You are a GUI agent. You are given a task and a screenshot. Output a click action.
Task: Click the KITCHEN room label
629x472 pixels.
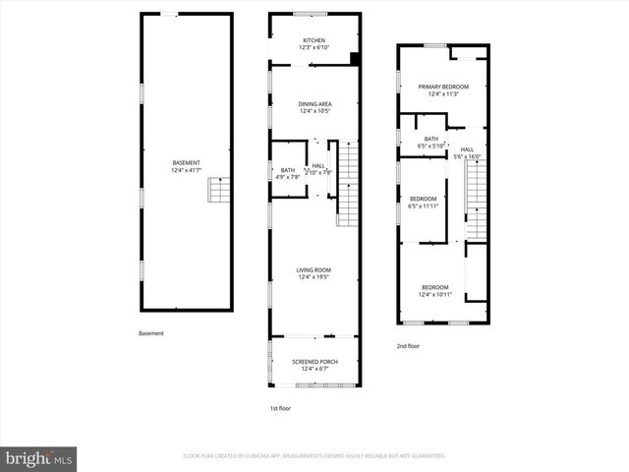314,40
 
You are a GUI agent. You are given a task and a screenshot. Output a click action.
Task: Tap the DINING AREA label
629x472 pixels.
314,103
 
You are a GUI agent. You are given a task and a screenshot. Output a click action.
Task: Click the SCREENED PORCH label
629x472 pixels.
314,361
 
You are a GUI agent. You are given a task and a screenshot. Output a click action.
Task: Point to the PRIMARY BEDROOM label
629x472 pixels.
443,87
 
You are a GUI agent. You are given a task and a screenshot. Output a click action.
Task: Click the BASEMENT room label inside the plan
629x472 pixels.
186,162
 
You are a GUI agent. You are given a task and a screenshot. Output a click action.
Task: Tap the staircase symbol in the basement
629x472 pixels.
218,190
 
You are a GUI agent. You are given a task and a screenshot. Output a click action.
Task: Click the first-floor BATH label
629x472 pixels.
287,170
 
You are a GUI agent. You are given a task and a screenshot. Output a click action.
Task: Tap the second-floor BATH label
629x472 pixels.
431,139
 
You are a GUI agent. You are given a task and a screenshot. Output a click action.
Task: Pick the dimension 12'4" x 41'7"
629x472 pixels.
186,170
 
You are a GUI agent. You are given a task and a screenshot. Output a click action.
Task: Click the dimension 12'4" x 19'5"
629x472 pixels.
314,277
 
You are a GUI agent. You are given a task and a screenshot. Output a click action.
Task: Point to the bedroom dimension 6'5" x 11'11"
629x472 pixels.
424,206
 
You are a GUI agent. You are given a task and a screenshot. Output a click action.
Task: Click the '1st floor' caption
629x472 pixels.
280,408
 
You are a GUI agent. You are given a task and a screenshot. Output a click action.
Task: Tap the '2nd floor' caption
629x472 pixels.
408,346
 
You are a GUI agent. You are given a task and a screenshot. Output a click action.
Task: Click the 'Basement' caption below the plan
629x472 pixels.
151,333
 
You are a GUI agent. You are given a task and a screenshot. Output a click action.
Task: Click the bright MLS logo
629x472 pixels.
39,458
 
